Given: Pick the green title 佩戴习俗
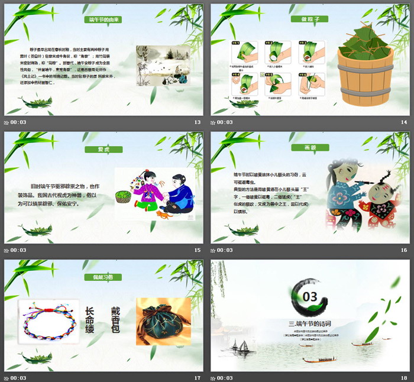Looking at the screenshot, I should click(103, 277).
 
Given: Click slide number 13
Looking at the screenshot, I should click(197, 122).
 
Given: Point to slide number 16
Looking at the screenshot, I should click(404, 250).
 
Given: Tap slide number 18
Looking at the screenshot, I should click(404, 378).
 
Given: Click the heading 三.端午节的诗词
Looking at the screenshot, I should click(309, 323).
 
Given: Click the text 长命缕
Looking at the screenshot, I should click(89, 320).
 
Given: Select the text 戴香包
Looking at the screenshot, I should click(115, 320).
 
